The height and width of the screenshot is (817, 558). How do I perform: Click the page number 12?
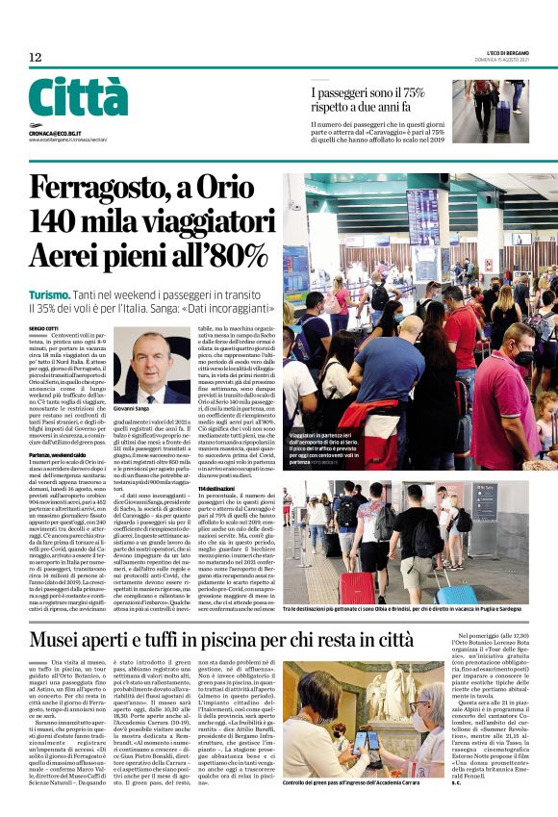tap(35, 58)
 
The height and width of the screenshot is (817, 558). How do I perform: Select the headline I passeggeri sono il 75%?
tap(373, 94)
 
